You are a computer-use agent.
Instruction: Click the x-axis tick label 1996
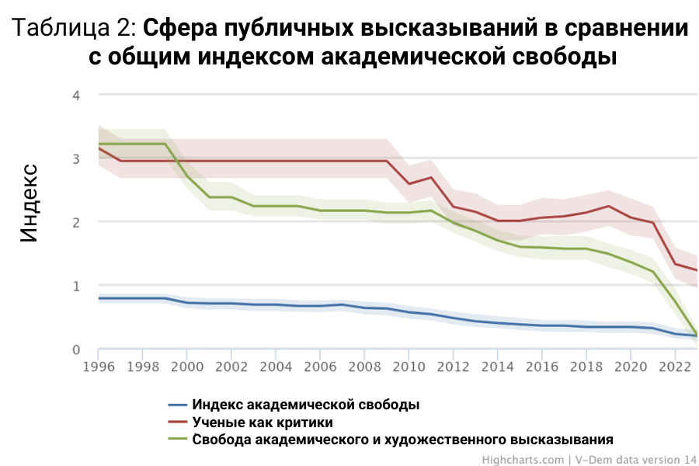click(x=98, y=365)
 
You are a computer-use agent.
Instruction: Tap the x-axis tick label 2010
click(x=409, y=365)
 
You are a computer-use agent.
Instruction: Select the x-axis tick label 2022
click(x=675, y=365)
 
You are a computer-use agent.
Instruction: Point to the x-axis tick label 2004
click(x=276, y=365)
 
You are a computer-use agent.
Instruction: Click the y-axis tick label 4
click(x=77, y=95)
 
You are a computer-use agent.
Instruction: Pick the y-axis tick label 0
click(x=77, y=349)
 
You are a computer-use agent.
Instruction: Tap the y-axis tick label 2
click(x=77, y=222)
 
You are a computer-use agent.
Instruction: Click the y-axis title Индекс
click(x=29, y=203)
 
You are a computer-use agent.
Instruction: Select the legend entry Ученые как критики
click(x=263, y=423)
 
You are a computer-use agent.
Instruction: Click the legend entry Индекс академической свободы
click(x=306, y=405)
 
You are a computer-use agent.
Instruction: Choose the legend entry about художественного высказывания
click(x=403, y=440)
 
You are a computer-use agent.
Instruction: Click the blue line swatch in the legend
click(x=178, y=405)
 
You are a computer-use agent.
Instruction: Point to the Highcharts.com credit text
click(x=523, y=460)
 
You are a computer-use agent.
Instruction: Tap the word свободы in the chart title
click(x=561, y=58)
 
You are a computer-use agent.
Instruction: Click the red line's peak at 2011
click(x=431, y=177)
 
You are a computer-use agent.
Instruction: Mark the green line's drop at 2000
click(x=187, y=176)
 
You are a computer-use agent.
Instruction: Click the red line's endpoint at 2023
click(x=697, y=270)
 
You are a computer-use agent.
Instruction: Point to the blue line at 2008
click(x=364, y=308)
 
